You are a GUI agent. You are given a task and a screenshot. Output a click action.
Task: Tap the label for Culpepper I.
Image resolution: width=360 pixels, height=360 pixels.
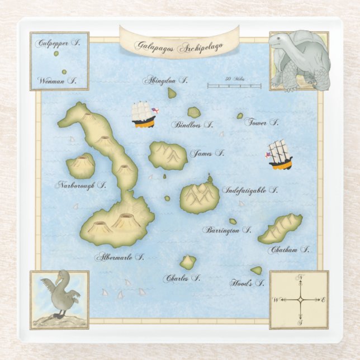point(55,42)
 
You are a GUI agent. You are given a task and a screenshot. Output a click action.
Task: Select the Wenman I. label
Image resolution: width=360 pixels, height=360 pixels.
point(57,80)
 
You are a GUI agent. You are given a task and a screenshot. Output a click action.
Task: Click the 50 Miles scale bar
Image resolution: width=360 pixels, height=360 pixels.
point(234,86)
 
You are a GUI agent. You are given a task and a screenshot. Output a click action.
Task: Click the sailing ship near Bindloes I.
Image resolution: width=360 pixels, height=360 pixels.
point(143,114)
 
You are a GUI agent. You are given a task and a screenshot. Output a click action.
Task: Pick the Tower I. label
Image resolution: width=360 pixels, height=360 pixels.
point(261,122)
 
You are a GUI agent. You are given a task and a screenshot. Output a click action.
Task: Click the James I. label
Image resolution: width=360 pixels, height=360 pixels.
point(207,153)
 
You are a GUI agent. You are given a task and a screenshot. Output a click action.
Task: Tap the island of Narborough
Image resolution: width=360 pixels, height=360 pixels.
point(80,165)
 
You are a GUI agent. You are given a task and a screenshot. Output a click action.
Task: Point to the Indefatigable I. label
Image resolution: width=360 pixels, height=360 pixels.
point(250,190)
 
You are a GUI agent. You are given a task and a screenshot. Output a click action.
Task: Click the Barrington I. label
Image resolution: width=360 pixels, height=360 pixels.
point(227,230)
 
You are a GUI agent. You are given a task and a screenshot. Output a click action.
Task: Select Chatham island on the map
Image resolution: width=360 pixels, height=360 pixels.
point(280,228)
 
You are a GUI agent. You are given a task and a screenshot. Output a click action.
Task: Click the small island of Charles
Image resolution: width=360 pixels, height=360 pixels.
point(188,262)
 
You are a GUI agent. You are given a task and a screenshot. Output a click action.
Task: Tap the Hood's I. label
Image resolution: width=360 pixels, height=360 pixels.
point(247,283)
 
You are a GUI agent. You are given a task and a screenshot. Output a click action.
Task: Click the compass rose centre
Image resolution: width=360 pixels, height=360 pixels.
point(300,300)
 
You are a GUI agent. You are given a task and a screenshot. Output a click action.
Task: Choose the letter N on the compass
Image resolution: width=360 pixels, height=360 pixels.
point(300,277)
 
